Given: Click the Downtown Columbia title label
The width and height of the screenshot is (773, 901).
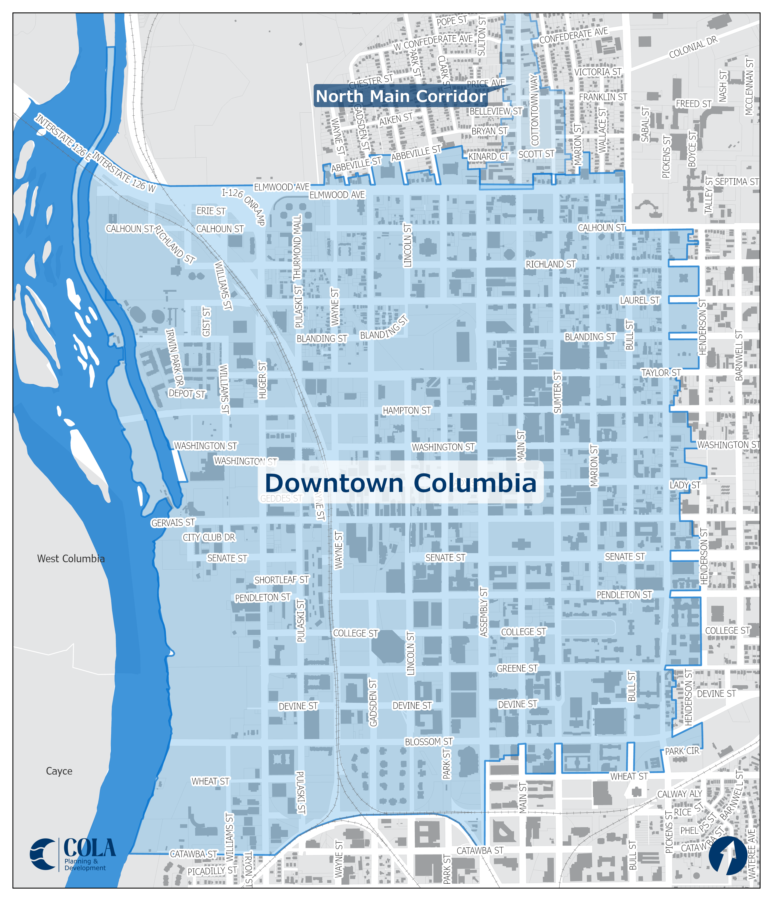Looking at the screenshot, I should (400, 483).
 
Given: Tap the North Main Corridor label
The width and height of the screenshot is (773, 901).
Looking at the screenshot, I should (400, 96).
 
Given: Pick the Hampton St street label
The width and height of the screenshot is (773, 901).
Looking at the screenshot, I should (406, 411).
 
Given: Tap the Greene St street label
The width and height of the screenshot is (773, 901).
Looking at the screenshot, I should (517, 668).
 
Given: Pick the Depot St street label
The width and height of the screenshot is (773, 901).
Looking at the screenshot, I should (187, 393).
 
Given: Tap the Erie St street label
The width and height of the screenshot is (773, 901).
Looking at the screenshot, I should (211, 211).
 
